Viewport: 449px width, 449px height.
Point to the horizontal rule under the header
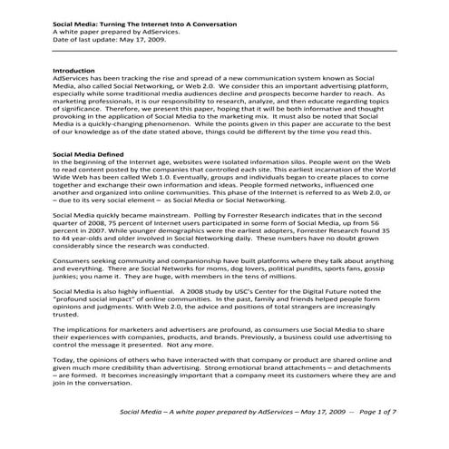224,51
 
